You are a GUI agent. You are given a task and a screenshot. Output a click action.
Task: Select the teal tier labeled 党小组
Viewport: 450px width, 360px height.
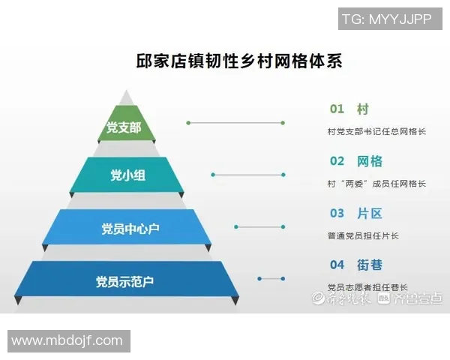coord(125,175)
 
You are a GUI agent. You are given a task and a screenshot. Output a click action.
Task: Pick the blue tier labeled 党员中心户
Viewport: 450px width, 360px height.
coord(125,227)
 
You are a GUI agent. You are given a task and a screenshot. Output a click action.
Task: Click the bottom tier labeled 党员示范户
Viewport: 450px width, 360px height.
coord(125,281)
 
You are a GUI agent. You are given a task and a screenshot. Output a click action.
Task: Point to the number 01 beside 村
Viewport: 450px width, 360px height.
coord(337,109)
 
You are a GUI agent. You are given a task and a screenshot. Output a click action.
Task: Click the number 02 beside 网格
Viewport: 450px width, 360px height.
coord(337,161)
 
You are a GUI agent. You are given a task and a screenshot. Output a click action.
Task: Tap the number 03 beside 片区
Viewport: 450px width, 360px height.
coord(337,214)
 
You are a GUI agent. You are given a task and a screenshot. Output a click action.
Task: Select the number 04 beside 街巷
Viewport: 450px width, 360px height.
coord(337,265)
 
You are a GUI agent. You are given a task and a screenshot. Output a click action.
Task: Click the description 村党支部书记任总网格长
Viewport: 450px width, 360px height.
coord(376,132)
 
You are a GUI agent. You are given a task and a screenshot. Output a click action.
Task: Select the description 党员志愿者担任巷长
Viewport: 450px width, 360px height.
coord(367,286)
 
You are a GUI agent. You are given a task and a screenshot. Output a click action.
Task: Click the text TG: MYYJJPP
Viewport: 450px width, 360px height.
coord(386,19)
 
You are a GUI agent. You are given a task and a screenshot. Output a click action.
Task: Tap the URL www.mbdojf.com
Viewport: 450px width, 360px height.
coord(67,341)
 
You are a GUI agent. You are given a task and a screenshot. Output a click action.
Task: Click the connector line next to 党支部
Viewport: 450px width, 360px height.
coord(235,122)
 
